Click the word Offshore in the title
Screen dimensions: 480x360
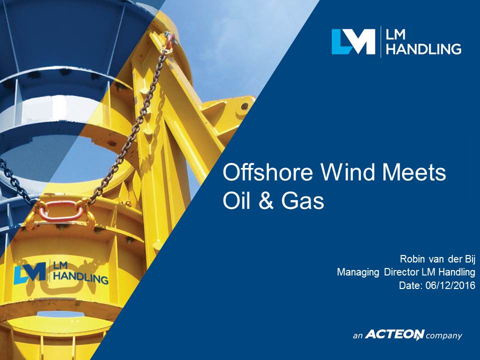268,172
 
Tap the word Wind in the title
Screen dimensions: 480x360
347,172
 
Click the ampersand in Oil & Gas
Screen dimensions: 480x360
265,201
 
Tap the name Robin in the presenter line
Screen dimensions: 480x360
412,259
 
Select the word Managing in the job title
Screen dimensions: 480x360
358,272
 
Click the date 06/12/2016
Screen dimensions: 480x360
450,285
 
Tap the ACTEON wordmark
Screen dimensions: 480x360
395,334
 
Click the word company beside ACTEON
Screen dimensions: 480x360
444,336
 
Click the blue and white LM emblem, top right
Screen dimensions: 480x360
353,41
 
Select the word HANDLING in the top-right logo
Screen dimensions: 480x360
423,49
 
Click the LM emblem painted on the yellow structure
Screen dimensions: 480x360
29,272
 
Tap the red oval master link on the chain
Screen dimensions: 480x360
61,211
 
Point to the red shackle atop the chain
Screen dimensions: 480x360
170,40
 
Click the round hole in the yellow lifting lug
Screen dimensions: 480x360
244,106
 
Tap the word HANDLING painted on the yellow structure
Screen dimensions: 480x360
81,276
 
